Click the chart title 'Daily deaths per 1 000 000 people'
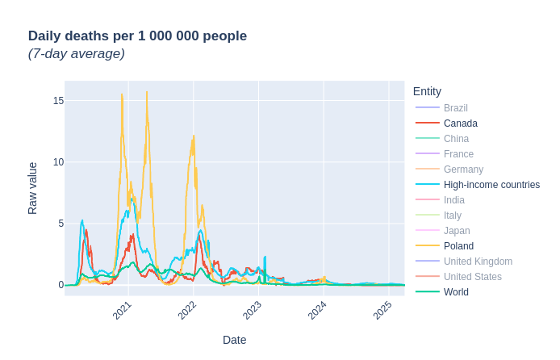137,36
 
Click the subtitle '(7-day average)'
77,54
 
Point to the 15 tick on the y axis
58,101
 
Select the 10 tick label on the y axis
58,162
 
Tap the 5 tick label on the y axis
61,224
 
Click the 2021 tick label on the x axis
123,310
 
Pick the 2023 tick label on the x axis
253,310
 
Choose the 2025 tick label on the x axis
382,310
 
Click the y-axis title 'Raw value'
33,188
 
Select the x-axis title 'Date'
234,340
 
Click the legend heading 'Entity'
427,91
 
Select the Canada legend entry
460,123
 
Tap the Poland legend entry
458,246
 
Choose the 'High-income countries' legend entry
491,185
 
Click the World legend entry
456,292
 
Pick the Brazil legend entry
455,108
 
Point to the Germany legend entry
463,170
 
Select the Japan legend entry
457,231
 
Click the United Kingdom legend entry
478,262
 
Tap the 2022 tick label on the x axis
188,310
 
